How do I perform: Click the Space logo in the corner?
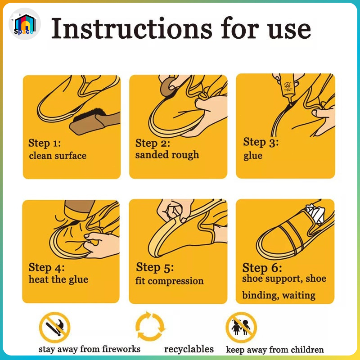25,24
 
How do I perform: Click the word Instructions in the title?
132,29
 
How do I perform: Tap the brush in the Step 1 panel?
94,121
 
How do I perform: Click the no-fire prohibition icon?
54,328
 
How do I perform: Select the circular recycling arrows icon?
150,326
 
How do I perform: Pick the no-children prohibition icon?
241,328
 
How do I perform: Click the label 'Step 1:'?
45,143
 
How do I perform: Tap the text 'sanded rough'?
167,155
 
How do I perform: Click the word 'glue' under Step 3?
253,156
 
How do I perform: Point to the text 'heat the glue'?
58,279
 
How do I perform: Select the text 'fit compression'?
169,281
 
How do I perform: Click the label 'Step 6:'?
262,268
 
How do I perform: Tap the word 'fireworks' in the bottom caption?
121,349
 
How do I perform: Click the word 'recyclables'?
189,350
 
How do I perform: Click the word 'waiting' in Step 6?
299,295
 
